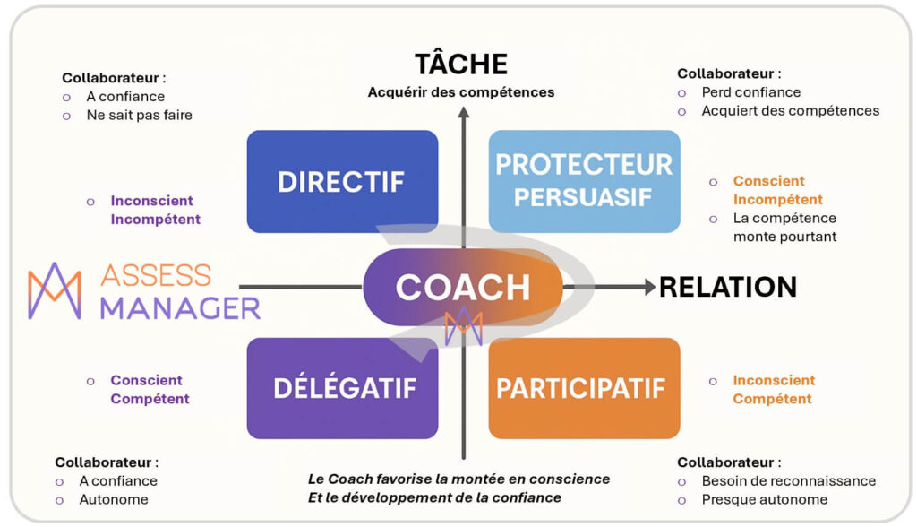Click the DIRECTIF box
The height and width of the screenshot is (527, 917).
pyautogui.click(x=342, y=182)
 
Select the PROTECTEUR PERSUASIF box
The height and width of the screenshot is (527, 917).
pyautogui.click(x=584, y=181)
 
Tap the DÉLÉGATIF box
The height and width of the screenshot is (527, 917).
pyautogui.click(x=342, y=388)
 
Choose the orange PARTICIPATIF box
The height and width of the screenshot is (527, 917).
pyautogui.click(x=584, y=388)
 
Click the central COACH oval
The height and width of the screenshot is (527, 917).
pyautogui.click(x=462, y=287)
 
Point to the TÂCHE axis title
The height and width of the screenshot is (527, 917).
pyautogui.click(x=461, y=65)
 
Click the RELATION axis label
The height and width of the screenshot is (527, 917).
pyautogui.click(x=727, y=287)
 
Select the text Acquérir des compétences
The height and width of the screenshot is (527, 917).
pyautogui.click(x=461, y=91)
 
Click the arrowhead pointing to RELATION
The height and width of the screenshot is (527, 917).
pyautogui.click(x=648, y=287)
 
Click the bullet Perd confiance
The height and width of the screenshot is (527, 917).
pyautogui.click(x=750, y=92)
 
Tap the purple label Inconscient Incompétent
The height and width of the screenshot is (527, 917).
pyautogui.click(x=155, y=210)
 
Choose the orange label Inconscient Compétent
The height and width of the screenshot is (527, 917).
pyautogui.click(x=774, y=389)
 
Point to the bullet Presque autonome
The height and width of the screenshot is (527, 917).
pyautogui.click(x=764, y=499)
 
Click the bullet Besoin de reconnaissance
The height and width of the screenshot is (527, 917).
pyautogui.click(x=788, y=481)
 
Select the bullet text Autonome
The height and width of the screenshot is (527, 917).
pyautogui.click(x=114, y=499)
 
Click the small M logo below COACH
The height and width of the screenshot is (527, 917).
pyautogui.click(x=463, y=324)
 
